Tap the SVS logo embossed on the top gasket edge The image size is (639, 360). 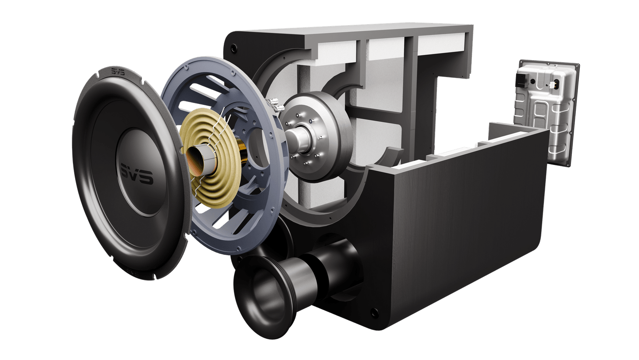point(117,73)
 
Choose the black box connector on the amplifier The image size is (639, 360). point(521,81)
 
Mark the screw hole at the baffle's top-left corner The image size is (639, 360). point(234,47)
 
